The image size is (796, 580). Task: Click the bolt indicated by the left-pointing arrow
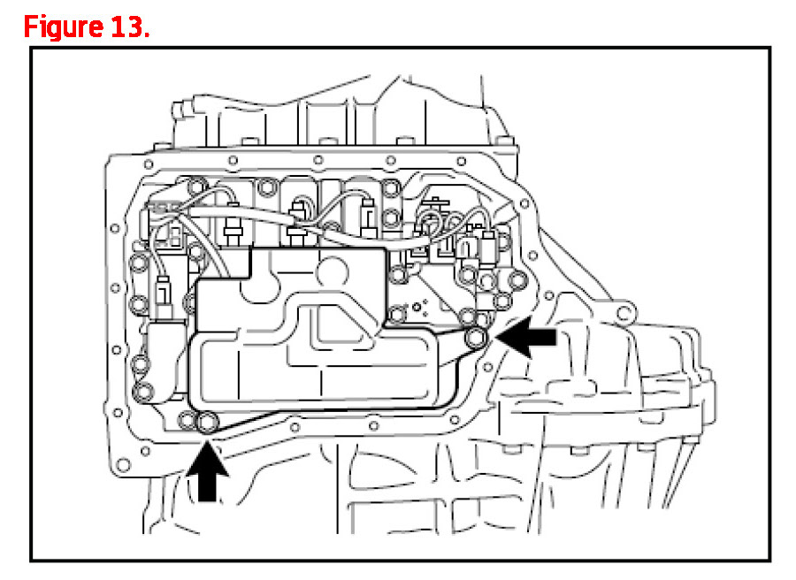coord(476,336)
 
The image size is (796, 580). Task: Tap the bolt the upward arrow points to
coord(208,424)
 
